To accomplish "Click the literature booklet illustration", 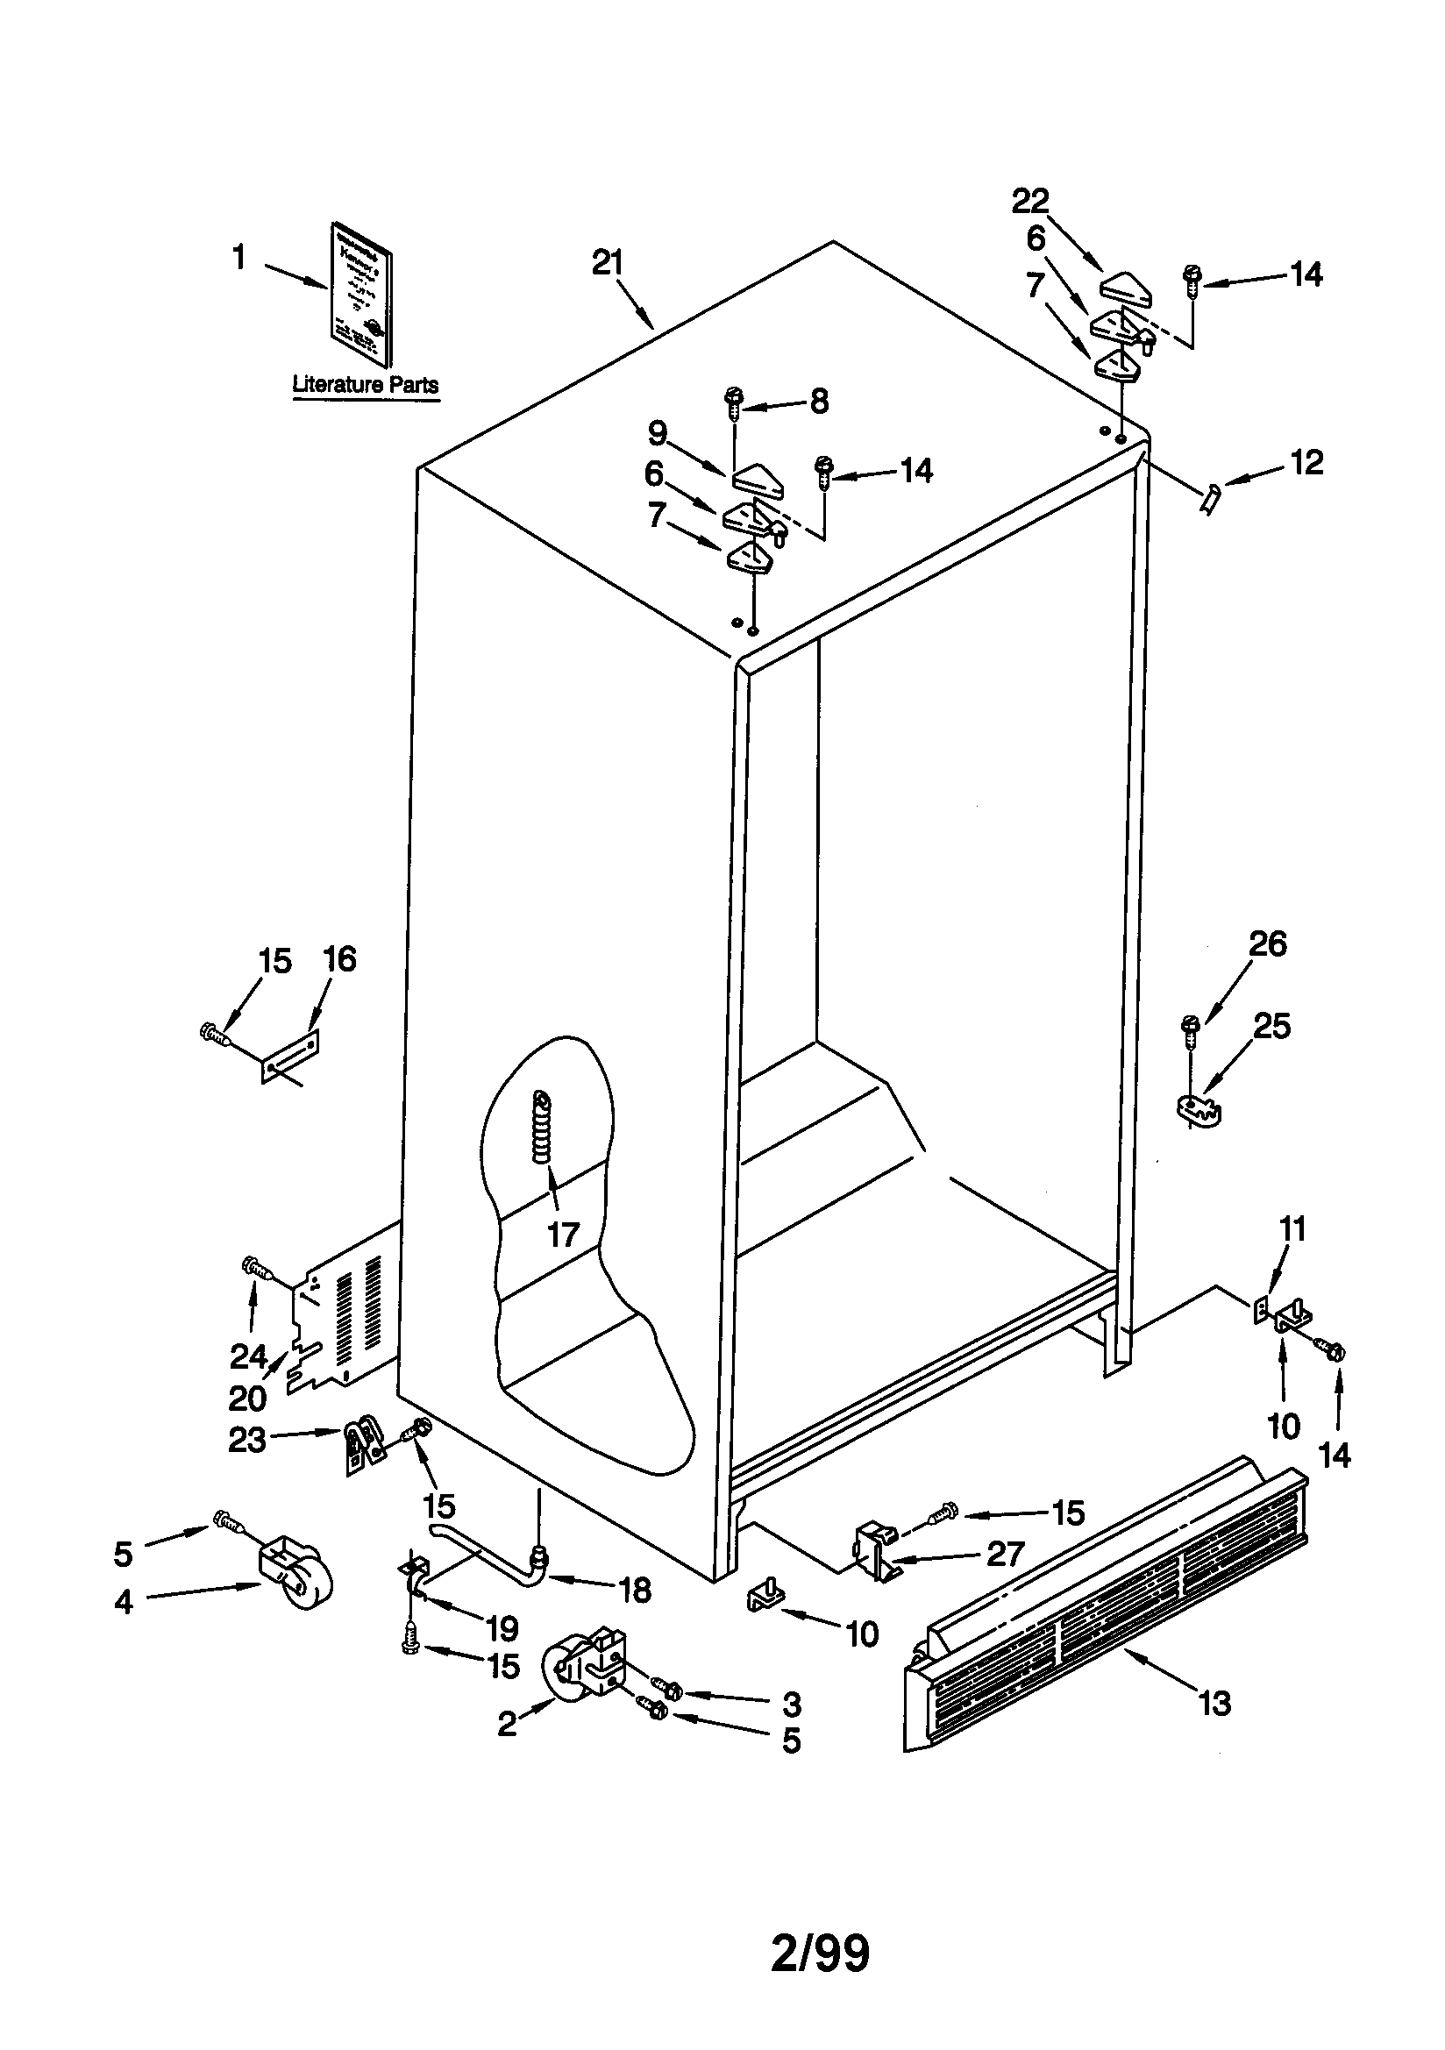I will [x=362, y=295].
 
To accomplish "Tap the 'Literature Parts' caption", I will [x=366, y=385].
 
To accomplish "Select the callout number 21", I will [x=608, y=263].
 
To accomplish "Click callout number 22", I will [x=1029, y=202].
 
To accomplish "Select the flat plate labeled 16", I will [x=291, y=1057].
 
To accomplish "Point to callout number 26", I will [x=1266, y=943].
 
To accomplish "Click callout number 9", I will [x=658, y=434].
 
